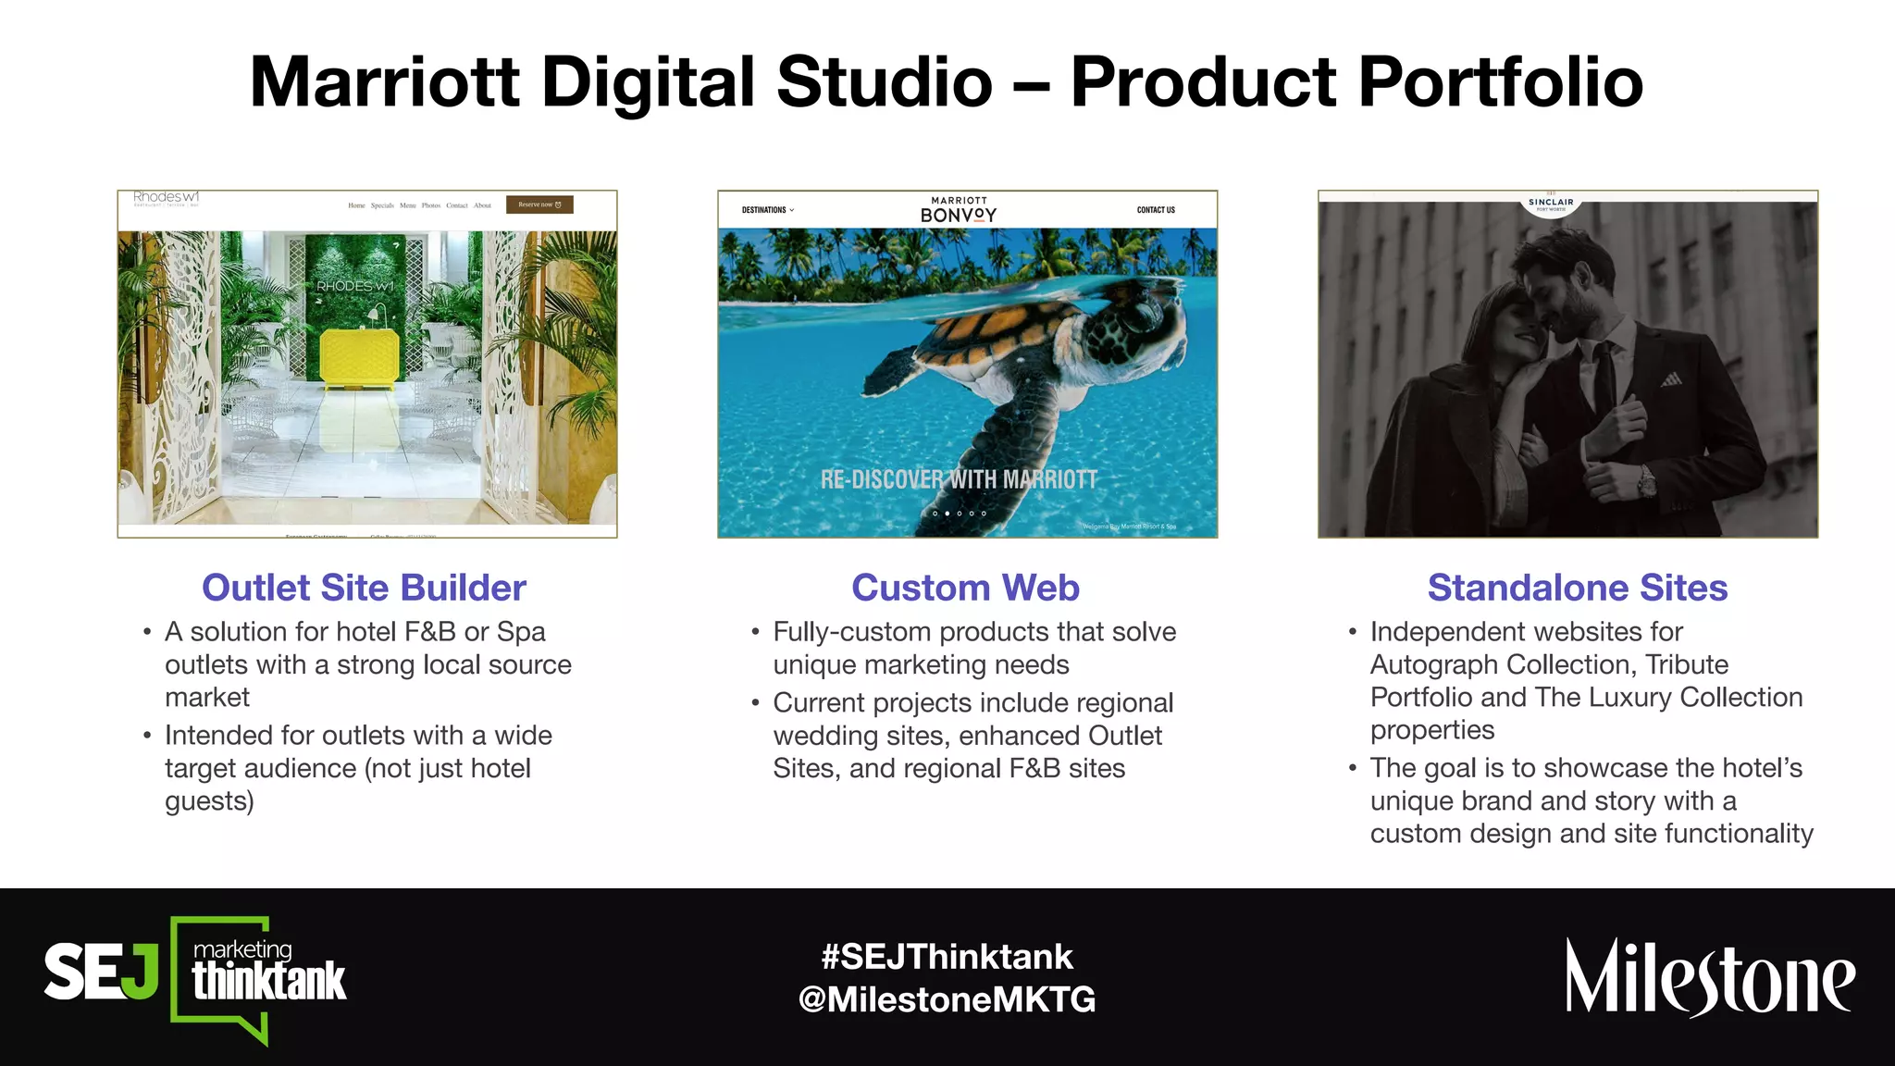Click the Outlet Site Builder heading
[x=364, y=588]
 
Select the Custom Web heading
[x=965, y=588]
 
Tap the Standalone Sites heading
[x=1577, y=588]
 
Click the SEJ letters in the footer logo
[x=100, y=973]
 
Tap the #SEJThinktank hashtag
[x=947, y=956]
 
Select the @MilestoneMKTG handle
[x=947, y=999]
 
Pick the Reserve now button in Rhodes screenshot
[x=539, y=205]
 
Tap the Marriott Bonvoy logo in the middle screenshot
[x=959, y=210]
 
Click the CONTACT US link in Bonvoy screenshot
[x=1156, y=210]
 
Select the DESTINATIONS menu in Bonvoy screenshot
[x=767, y=210]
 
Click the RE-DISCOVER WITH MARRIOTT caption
[x=959, y=479]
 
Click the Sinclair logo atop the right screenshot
[x=1551, y=204]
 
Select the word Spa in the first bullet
[x=521, y=632]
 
